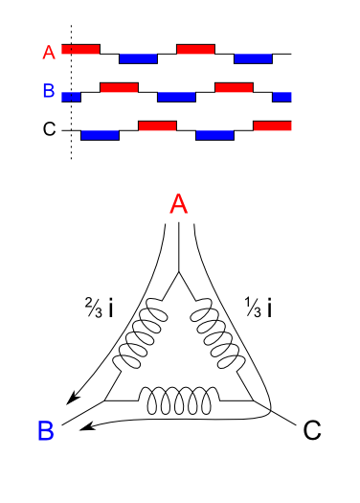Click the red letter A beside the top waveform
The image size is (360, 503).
click(x=49, y=53)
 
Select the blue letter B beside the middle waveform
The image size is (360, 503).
click(x=49, y=93)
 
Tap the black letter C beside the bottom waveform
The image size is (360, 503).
click(x=49, y=129)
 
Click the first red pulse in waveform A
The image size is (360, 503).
click(x=80, y=48)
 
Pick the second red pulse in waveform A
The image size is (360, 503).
click(x=195, y=48)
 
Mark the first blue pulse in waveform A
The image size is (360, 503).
click(x=138, y=58)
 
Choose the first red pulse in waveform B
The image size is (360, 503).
click(x=119, y=87)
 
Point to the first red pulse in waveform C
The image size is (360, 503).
click(x=157, y=125)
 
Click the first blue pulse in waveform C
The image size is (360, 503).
click(x=100, y=135)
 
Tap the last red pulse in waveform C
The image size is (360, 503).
click(x=272, y=125)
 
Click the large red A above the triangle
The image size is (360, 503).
click(x=178, y=203)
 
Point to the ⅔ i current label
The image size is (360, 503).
click(x=100, y=308)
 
